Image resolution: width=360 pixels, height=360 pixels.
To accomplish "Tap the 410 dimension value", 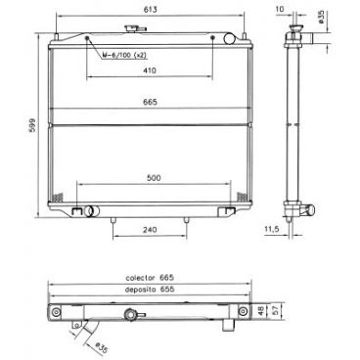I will tap(149, 71).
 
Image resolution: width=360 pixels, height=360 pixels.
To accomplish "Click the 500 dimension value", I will tap(150, 179).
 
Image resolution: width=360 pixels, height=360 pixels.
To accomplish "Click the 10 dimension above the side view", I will tap(280, 9).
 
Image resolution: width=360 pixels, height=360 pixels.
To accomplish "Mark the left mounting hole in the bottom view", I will tap(57, 312).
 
